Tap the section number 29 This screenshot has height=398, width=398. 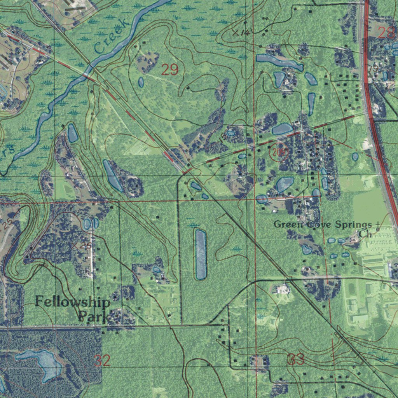(x=169, y=70)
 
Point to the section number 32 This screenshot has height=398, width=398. (x=102, y=361)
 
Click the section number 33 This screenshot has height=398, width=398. (x=296, y=360)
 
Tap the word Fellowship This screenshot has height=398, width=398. (x=73, y=302)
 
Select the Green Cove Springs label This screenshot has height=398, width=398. (x=323, y=225)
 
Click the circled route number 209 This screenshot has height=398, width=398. (x=279, y=152)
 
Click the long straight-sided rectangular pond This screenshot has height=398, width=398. (x=201, y=254)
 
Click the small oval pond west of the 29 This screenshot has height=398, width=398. (x=141, y=82)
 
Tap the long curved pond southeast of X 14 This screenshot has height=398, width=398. (x=279, y=61)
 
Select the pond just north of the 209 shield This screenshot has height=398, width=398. (x=282, y=129)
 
